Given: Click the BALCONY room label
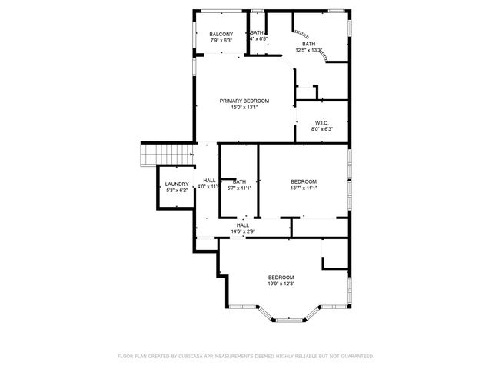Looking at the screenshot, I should coord(221,35).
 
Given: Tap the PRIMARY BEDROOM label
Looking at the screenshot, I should coord(244,101).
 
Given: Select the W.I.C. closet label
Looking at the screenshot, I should coord(322,123).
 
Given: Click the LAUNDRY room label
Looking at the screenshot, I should coord(177,184).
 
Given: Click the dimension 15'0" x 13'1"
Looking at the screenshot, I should coord(244,108).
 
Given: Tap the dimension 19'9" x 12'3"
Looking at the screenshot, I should coord(281,284).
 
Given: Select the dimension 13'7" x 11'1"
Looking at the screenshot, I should coord(304,188).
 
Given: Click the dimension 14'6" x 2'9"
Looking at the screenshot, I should coord(243,231).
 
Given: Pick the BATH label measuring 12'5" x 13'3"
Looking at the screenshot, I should coord(308,45).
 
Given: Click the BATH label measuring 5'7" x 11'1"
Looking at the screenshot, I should coord(239,181).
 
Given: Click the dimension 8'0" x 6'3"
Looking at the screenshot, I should coord(322,129).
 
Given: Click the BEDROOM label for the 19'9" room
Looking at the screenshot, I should coord(281,278).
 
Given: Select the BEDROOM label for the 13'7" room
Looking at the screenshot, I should coord(304,181).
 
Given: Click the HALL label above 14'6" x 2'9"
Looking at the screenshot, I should coord(243,225).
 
